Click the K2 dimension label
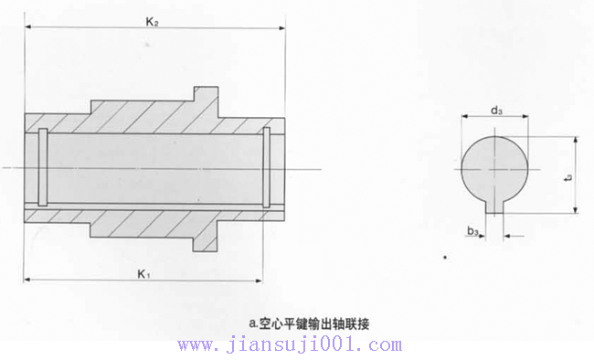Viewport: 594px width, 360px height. click(153, 20)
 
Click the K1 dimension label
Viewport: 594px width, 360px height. click(143, 272)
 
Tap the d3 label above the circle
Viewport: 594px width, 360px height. click(494, 110)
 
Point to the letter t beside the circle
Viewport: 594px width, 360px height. click(567, 177)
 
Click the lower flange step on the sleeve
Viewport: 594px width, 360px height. click(206, 242)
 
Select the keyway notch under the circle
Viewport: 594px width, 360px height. click(494, 206)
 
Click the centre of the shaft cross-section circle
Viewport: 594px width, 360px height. click(494, 168)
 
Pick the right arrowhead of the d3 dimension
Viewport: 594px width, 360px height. click(526, 118)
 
